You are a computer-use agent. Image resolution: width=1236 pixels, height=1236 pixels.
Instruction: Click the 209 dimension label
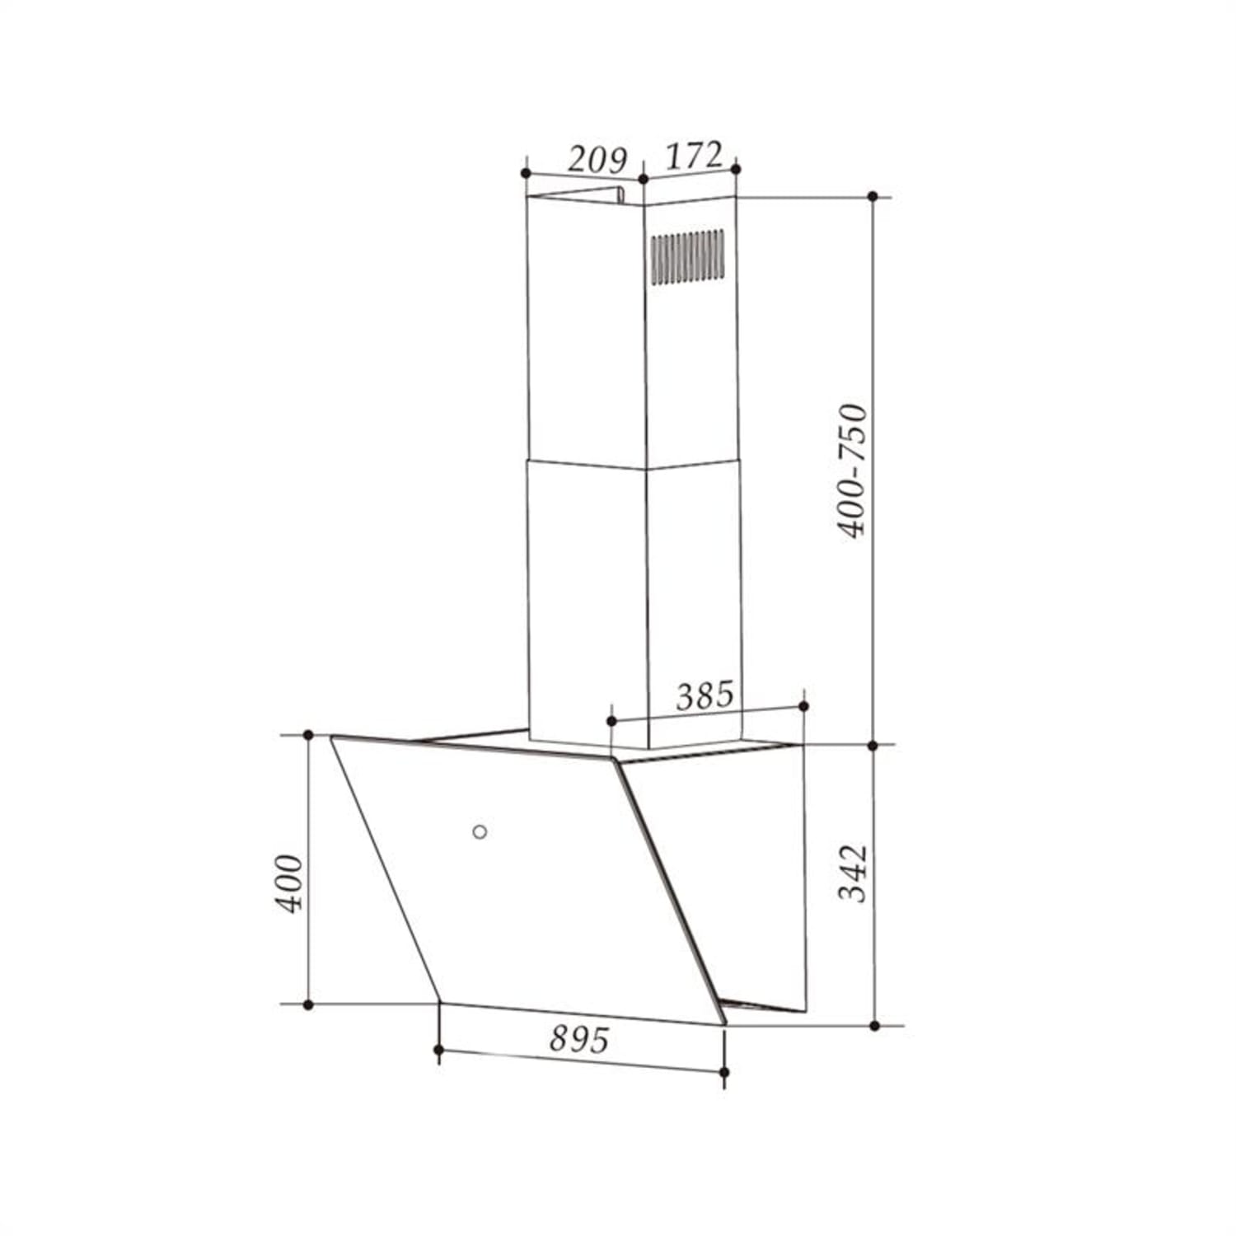point(597,160)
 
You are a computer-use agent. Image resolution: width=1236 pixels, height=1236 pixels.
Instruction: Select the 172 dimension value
point(693,156)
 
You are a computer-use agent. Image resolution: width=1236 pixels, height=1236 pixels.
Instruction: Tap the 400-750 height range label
point(853,471)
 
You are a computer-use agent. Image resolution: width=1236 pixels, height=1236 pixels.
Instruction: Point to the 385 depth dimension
point(704,696)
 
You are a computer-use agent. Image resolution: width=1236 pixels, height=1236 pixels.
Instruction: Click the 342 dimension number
point(853,873)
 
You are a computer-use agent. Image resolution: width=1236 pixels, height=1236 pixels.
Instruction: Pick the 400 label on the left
point(288,883)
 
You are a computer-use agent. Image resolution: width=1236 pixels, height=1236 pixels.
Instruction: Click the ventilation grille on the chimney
point(688,256)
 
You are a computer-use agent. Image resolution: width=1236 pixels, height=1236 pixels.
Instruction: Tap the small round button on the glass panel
point(480,831)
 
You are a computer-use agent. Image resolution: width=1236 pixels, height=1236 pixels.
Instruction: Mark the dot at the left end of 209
point(526,173)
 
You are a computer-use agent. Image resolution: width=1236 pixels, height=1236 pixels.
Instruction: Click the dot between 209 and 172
point(643,179)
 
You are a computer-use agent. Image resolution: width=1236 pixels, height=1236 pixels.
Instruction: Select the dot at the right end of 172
point(736,169)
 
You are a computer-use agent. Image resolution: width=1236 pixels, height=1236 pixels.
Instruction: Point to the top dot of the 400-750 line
point(873,196)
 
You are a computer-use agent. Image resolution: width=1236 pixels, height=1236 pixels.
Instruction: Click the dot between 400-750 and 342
point(873,745)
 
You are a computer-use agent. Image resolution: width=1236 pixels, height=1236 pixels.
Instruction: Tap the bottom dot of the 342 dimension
point(874,1026)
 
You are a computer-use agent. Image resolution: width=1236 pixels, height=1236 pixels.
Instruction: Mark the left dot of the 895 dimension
point(438,1049)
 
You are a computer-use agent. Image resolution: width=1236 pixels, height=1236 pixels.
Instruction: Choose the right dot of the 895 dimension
point(724,1072)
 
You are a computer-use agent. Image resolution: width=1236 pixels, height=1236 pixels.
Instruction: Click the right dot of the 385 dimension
point(803,706)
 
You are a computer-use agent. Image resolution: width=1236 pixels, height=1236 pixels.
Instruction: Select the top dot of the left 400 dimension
point(308,734)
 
